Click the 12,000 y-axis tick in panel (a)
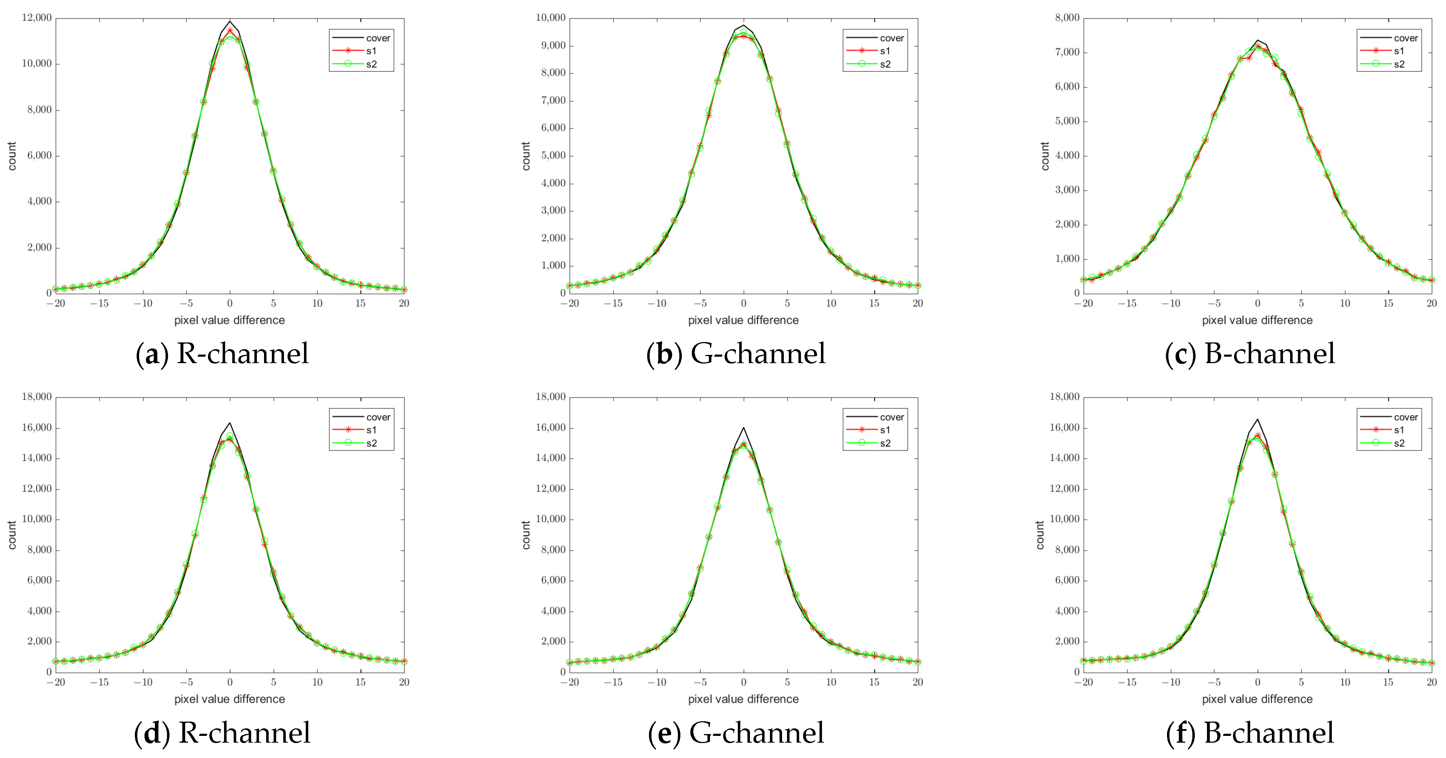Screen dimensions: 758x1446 tap(36, 17)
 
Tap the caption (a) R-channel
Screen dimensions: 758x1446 tap(222, 353)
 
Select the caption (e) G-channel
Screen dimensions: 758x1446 tap(736, 733)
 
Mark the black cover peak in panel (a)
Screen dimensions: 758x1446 tap(230, 21)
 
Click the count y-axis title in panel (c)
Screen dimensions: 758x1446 tap(1045, 156)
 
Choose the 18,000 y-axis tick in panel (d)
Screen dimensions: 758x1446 tap(36, 397)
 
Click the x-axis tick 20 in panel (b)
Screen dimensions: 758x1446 tap(917, 303)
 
